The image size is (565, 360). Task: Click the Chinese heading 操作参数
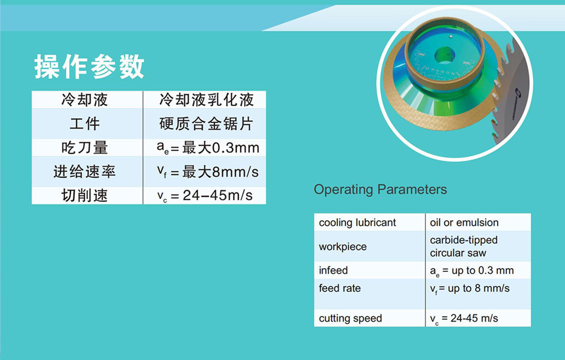coord(89,67)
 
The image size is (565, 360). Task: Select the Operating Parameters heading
coord(380,190)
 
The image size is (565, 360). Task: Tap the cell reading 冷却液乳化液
coord(206,100)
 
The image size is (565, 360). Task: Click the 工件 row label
coord(85,124)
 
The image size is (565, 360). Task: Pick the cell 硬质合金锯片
coord(206,124)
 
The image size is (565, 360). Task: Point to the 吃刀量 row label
coord(85,147)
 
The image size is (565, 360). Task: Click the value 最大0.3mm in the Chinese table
coord(220,148)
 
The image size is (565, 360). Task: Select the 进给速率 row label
coord(85,172)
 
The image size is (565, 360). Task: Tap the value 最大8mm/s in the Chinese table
coord(220,172)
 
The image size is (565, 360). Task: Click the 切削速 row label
coord(85,195)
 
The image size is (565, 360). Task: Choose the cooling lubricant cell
coord(357,223)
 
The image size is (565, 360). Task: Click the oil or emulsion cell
coord(464,223)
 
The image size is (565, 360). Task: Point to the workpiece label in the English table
coord(343,247)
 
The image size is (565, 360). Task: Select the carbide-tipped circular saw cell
coord(464,247)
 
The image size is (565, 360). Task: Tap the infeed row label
coord(333,270)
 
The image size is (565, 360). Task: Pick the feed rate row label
coord(340,288)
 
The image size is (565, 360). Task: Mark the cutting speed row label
coord(350,318)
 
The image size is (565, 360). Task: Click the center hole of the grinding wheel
coord(444,56)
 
